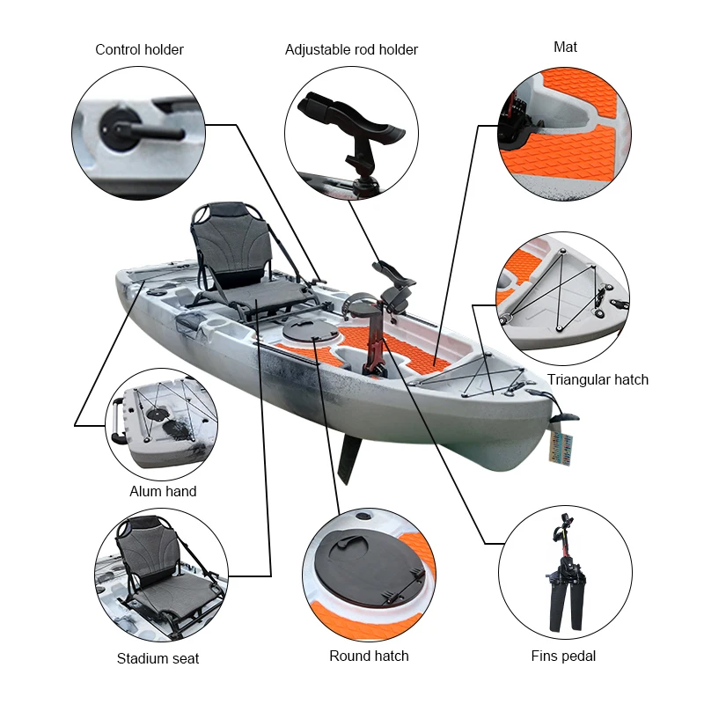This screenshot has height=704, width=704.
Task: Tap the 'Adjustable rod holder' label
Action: [351, 49]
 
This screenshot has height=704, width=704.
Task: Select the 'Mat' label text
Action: [565, 47]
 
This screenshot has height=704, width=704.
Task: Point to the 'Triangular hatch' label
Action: [598, 380]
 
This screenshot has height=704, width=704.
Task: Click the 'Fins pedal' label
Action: [563, 656]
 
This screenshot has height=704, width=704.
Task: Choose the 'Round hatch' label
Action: [369, 656]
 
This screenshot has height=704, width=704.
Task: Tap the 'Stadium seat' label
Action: [158, 658]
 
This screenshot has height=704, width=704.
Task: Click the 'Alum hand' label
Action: [163, 491]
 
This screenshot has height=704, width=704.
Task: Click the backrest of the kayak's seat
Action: [224, 243]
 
